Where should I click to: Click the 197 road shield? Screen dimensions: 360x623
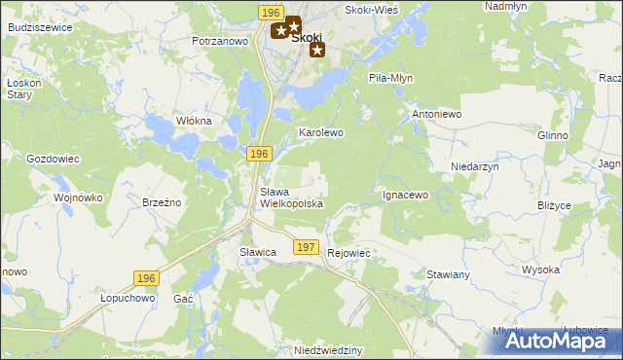[x=306, y=248]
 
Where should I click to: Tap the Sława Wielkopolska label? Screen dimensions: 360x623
[x=291, y=198]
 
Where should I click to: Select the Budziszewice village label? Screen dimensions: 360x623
[x=39, y=27]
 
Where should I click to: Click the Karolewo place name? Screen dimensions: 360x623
[x=320, y=131]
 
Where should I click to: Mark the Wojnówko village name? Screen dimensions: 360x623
[x=79, y=198]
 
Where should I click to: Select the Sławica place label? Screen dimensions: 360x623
[x=259, y=252]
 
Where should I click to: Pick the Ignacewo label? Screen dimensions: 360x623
[x=405, y=195]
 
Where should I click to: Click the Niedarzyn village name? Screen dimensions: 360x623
[x=475, y=166]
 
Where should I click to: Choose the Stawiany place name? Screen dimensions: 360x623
[x=449, y=274]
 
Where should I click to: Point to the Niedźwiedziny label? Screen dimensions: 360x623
[x=328, y=349]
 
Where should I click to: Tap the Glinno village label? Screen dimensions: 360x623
[x=552, y=135]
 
